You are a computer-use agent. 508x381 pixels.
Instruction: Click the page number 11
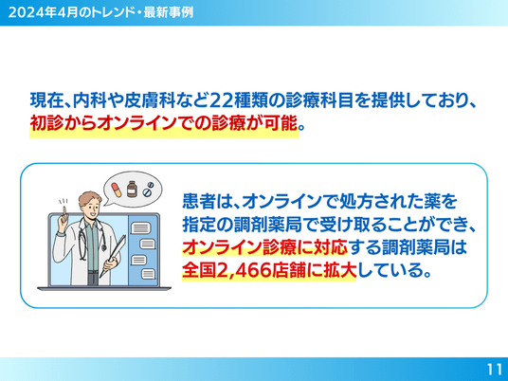point(495,369)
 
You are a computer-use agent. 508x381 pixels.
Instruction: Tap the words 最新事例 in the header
point(168,12)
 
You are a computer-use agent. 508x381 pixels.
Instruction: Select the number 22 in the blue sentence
point(220,100)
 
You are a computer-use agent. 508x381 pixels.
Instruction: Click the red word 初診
point(46,123)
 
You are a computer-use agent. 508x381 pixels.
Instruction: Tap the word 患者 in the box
point(199,201)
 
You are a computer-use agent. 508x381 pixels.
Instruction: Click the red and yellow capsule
point(117,190)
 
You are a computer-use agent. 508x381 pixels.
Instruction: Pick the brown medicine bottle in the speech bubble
point(132,189)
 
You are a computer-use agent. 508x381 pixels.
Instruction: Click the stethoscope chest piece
point(103,248)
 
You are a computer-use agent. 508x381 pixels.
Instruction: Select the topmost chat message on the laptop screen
point(140,228)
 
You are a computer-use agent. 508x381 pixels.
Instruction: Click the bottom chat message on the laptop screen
point(149,274)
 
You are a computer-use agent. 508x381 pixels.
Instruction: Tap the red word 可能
point(281,123)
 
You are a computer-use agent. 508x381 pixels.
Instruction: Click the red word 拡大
point(339,270)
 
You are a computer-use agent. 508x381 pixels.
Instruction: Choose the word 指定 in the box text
point(199,224)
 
